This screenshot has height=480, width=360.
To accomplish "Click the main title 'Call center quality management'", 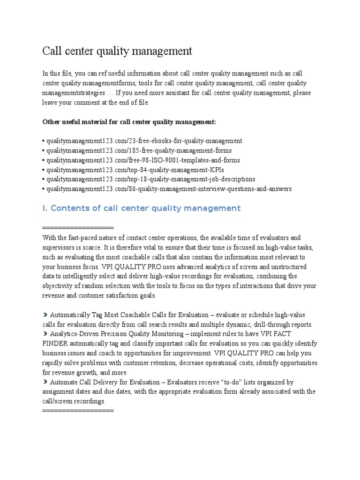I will [x=117, y=50].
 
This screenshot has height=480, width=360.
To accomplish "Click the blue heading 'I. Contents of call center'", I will [x=142, y=208].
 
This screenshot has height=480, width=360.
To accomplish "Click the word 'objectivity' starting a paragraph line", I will [x=59, y=285].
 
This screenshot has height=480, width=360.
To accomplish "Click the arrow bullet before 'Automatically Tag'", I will [x=45, y=315].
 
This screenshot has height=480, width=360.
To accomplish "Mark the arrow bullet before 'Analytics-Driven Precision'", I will [x=45, y=334].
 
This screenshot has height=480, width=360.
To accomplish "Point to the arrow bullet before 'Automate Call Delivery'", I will [x=45, y=382].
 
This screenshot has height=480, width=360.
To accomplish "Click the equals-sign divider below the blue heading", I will [x=78, y=228].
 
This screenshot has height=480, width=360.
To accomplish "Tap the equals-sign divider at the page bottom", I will [x=78, y=411].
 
